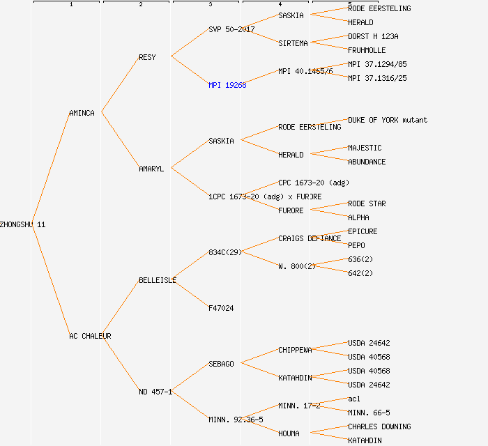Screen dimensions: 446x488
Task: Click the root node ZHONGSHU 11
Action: (x=23, y=224)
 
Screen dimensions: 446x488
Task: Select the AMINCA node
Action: (x=82, y=113)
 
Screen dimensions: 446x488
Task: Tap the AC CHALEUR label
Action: (x=90, y=336)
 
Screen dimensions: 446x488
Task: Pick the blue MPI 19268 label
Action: (x=227, y=85)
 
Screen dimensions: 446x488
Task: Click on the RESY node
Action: (x=147, y=57)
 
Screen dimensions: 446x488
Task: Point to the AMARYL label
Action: (x=151, y=169)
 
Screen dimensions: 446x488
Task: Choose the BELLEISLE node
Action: (x=158, y=280)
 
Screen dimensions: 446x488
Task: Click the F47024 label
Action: (x=221, y=308)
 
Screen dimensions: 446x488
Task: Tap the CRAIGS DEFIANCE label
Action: (x=310, y=238)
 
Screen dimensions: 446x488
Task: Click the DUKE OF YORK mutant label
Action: (x=388, y=120)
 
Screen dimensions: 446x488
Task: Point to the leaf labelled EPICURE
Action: (x=363, y=231)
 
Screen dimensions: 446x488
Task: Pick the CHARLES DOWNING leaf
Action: (x=379, y=426)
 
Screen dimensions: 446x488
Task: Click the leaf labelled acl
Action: (x=354, y=399)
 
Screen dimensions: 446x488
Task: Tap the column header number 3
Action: (x=210, y=5)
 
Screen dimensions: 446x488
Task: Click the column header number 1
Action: (x=70, y=5)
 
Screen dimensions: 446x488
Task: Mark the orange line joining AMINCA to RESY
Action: (x=120, y=85)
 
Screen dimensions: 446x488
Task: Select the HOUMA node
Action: (x=289, y=433)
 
